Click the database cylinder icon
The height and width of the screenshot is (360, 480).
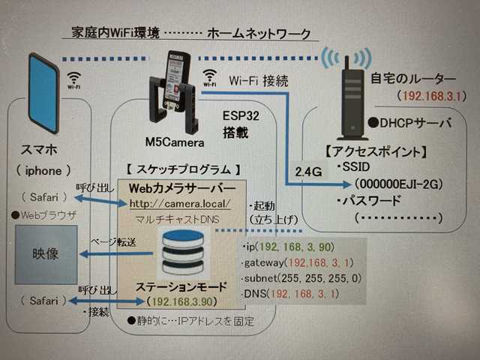tap(184, 253)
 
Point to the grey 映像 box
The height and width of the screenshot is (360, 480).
tap(46, 254)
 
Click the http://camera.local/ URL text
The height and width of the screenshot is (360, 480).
tap(181, 203)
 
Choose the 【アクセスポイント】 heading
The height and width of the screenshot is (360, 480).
tap(377, 151)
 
